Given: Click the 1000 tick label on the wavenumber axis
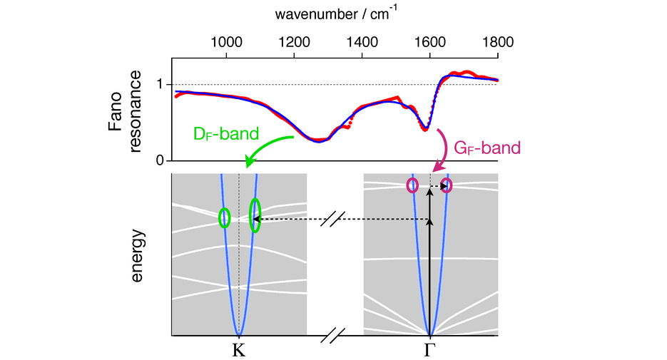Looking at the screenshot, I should pos(226,41).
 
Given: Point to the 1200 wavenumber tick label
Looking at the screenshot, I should pos(294,41).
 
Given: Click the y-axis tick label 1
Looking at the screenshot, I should pos(161,85).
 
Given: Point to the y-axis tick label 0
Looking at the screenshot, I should pos(161,160).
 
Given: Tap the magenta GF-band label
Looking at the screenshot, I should pos(488,148).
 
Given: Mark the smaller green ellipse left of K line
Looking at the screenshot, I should pos(225,217).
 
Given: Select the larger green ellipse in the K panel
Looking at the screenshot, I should pos(255,215).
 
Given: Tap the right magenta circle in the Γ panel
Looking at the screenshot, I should pos(447,187).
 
